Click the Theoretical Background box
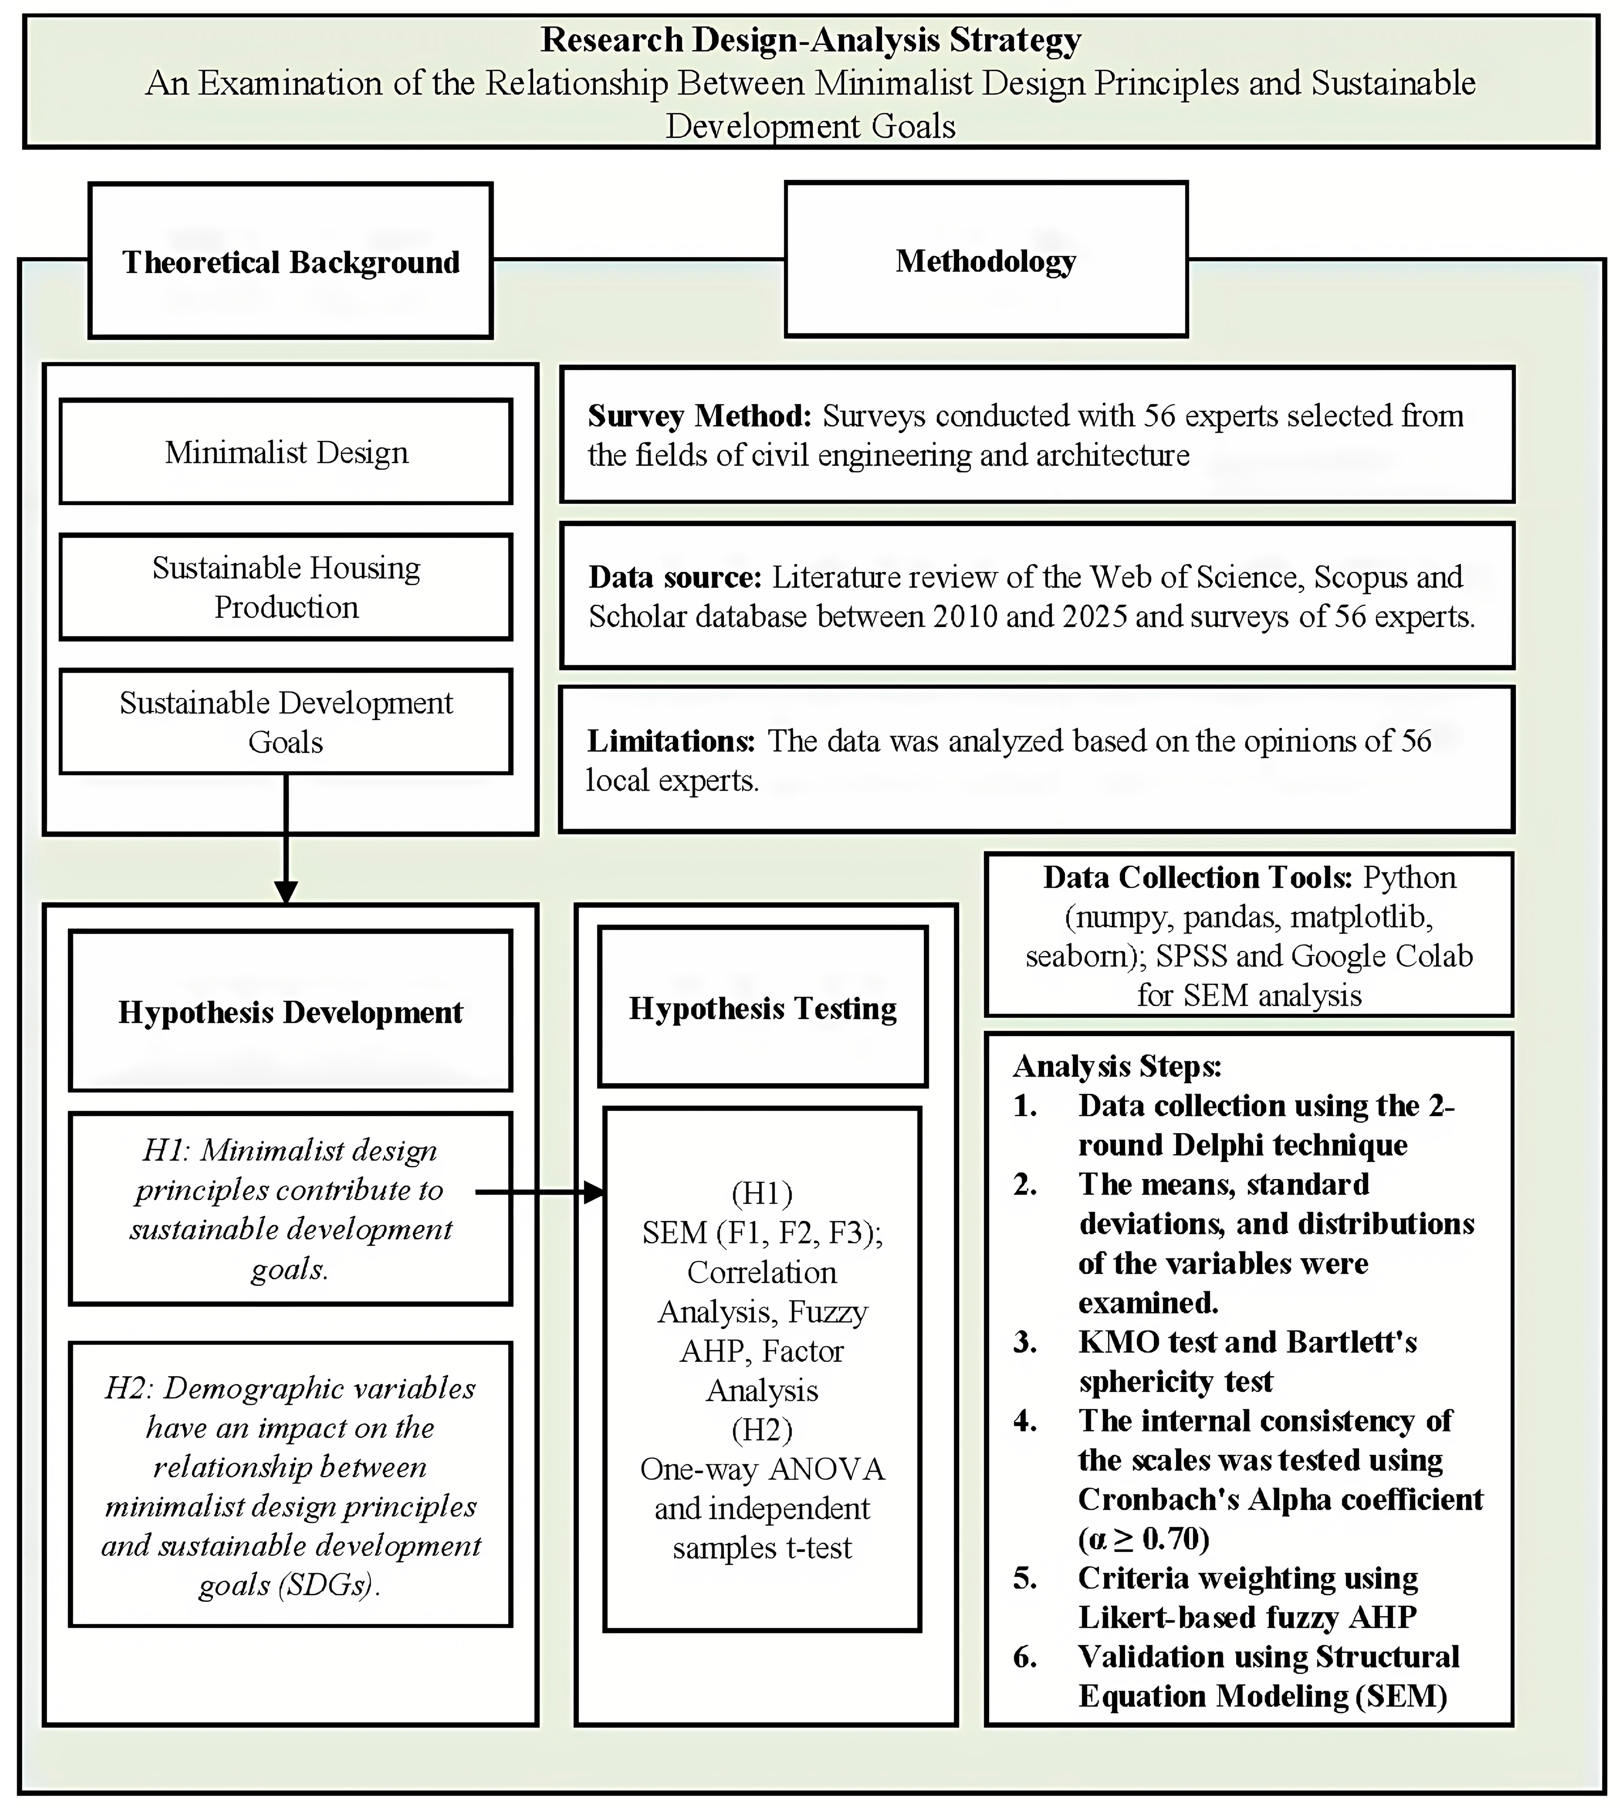click(290, 261)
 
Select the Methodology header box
click(985, 260)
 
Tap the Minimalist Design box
click(286, 452)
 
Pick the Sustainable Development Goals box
click(286, 722)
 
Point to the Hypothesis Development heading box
click(290, 1011)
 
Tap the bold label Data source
click(675, 577)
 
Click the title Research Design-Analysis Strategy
click(811, 40)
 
